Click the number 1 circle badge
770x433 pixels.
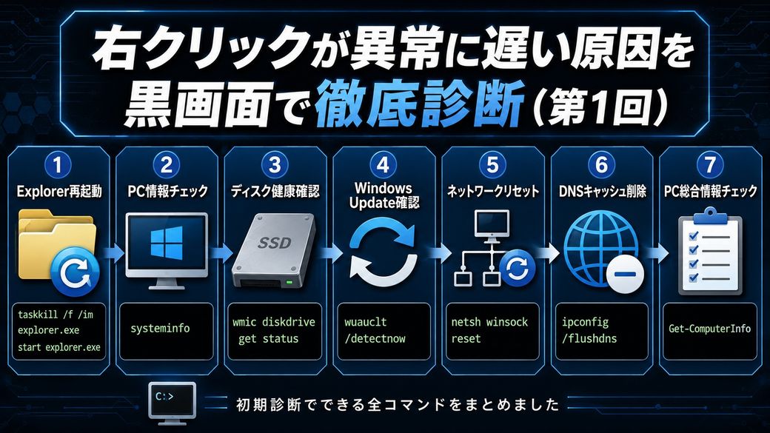(58, 165)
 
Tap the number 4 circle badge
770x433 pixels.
(383, 165)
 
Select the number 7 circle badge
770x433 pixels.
(710, 165)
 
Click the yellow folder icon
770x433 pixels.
(56, 246)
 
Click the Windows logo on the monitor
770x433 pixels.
(167, 242)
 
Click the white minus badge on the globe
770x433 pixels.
(625, 273)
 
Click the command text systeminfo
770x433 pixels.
(160, 329)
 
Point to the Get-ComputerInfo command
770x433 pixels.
(709, 329)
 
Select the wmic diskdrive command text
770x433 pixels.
(273, 330)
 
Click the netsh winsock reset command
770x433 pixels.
(489, 330)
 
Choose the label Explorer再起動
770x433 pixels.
(59, 191)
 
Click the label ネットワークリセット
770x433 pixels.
(492, 191)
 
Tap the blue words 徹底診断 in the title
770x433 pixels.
(419, 104)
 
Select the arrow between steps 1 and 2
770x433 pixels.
(113, 253)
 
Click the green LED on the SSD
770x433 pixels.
(289, 282)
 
